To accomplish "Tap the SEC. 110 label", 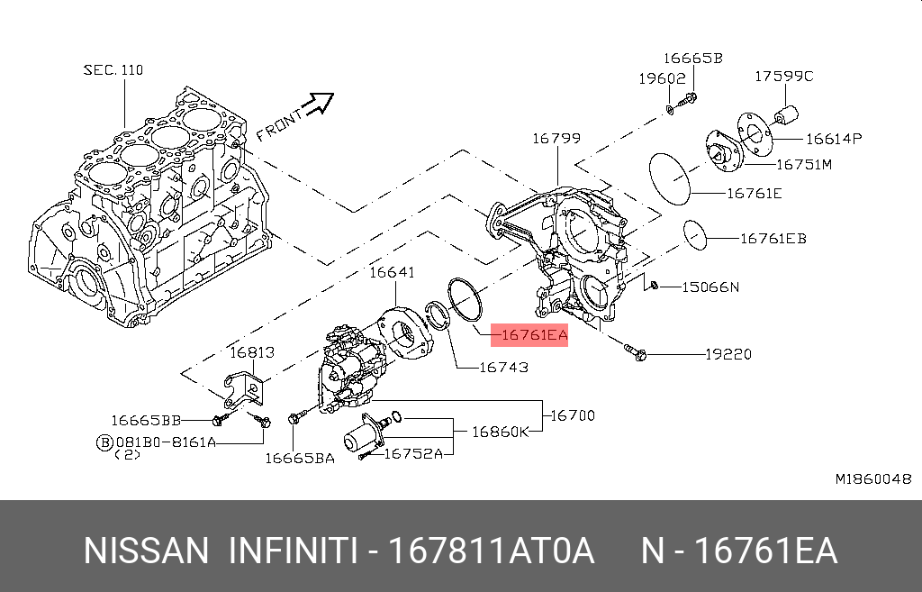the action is (x=113, y=69).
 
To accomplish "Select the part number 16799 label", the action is (x=556, y=139).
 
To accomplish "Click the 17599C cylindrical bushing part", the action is (x=788, y=117).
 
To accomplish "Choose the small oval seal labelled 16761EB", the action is (x=696, y=233).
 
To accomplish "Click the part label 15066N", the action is (x=710, y=287).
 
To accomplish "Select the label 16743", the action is (x=503, y=367).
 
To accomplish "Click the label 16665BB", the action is (x=147, y=420).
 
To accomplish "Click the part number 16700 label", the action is (x=573, y=415).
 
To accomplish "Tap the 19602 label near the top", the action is (x=663, y=78).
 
